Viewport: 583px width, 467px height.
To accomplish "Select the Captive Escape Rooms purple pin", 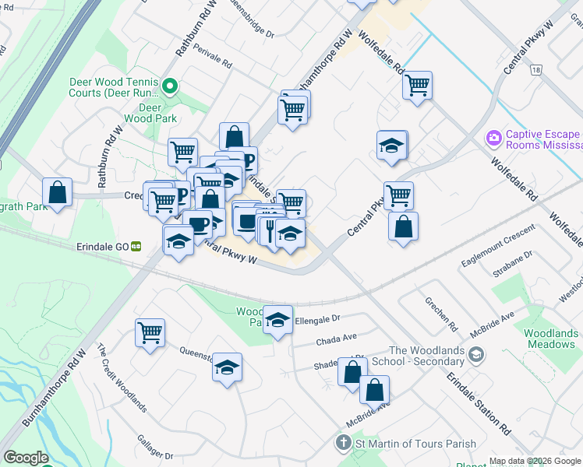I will point(493,139).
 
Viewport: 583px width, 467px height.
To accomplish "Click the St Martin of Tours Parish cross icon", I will point(342,444).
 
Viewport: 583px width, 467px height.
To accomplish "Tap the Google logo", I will point(26,458).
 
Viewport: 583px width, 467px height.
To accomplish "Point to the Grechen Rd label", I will point(440,310).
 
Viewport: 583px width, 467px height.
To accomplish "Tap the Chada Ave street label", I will point(336,339).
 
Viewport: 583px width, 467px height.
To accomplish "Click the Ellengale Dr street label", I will point(319,319).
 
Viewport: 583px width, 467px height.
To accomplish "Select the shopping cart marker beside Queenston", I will point(150,332).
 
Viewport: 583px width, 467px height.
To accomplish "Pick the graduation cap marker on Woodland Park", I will point(277,320).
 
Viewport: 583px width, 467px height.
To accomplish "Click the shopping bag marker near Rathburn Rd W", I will point(58,191).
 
